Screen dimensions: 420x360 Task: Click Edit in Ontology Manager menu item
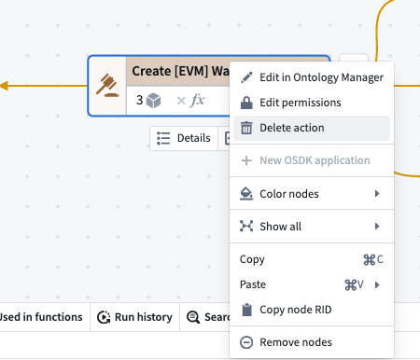pos(312,77)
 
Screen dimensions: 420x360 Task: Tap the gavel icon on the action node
pos(107,86)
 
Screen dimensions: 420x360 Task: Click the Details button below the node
pos(184,138)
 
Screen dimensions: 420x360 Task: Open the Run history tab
pos(134,317)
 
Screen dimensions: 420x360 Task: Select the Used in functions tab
pos(41,317)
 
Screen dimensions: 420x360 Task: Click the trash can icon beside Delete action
pos(246,128)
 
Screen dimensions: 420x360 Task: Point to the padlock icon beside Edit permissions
pos(246,103)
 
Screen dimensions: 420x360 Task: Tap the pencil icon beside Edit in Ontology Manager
pos(246,77)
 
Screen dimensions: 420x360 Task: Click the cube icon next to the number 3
pos(154,101)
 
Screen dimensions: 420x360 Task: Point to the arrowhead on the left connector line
pos(4,86)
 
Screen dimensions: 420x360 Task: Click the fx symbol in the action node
pos(198,100)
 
